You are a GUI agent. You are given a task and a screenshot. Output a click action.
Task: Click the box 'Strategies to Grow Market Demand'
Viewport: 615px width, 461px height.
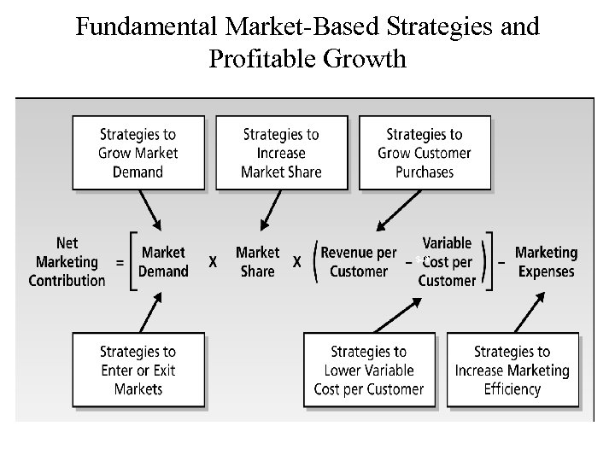[x=138, y=153]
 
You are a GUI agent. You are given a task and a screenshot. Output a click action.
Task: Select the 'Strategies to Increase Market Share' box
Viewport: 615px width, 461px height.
[x=281, y=153]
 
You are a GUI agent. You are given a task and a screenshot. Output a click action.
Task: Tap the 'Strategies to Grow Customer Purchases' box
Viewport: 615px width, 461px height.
[x=425, y=153]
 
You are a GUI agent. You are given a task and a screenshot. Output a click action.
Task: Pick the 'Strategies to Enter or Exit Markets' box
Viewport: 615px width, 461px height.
[x=138, y=370]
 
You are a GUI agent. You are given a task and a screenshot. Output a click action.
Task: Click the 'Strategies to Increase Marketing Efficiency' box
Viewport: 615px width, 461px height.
[x=512, y=370]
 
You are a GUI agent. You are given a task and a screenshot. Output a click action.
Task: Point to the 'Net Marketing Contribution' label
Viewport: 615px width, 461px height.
[x=67, y=262]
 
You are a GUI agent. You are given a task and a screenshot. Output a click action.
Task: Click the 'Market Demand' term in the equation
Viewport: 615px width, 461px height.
[x=164, y=262]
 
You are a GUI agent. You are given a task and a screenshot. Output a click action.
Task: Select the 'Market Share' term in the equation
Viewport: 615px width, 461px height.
[x=257, y=262]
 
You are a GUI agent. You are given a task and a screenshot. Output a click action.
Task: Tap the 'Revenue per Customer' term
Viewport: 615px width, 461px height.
[x=359, y=262]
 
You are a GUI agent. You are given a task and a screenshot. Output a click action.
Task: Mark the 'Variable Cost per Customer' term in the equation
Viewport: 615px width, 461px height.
[x=447, y=262]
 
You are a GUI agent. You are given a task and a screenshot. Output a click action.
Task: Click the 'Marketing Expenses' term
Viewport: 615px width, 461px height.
[x=546, y=262]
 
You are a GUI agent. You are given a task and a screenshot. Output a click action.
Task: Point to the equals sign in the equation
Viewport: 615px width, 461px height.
[x=119, y=263]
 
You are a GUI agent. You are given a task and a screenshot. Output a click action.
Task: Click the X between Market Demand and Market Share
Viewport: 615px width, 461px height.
[x=213, y=263]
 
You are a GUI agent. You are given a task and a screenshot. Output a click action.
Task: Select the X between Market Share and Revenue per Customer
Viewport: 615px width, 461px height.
[x=297, y=263]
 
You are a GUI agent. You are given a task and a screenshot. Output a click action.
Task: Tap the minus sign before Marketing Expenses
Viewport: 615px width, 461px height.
[x=501, y=262]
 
